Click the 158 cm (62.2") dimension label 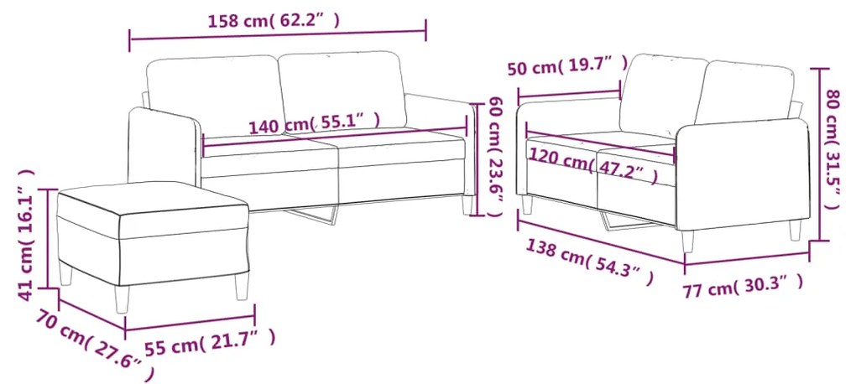[x=274, y=21]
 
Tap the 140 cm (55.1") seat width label [x=315, y=125]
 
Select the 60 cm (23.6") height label [x=494, y=157]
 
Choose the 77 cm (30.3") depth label [x=743, y=286]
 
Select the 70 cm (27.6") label [x=94, y=345]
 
